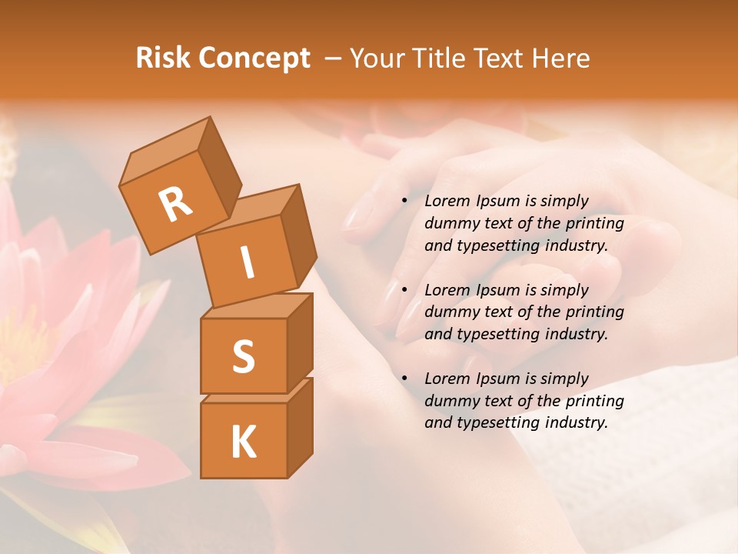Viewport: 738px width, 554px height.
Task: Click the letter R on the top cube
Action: (x=176, y=204)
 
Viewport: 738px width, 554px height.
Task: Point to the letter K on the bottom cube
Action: (x=243, y=442)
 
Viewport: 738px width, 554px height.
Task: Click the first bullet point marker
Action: (x=405, y=201)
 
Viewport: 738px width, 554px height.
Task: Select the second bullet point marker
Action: (x=405, y=290)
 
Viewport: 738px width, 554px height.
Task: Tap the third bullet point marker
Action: (x=405, y=379)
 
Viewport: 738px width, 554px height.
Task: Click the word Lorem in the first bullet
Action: (x=446, y=201)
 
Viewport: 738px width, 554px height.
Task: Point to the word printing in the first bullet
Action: (x=595, y=223)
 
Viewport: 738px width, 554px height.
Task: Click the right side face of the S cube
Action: (x=300, y=342)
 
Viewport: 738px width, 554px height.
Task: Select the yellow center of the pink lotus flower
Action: (x=23, y=346)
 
